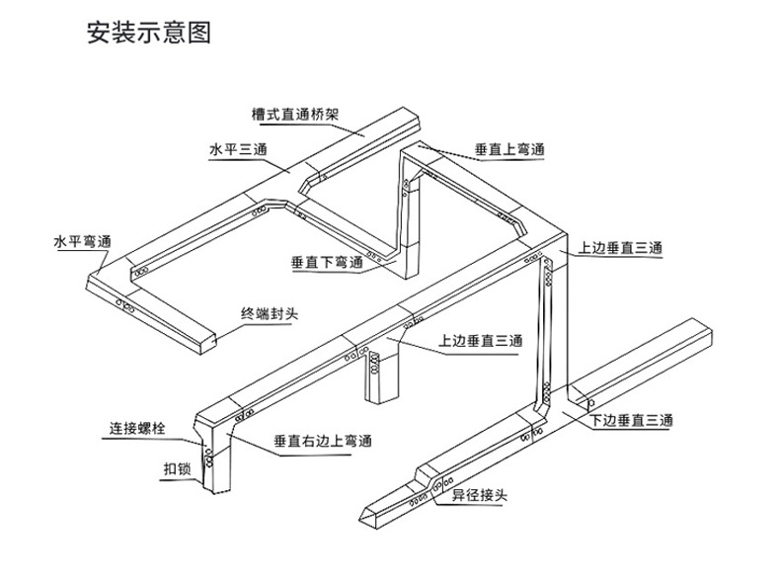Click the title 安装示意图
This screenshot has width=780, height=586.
tap(150, 34)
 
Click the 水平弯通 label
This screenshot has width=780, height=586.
tap(82, 241)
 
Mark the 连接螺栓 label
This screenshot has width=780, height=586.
tap(137, 429)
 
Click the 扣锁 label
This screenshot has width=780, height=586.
tap(176, 469)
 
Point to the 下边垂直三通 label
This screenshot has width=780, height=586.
tap(632, 421)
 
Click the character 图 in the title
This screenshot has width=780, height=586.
tap(201, 34)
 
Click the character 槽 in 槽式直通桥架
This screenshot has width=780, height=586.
tap(260, 114)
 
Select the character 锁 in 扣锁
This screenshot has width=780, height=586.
tap(183, 469)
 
